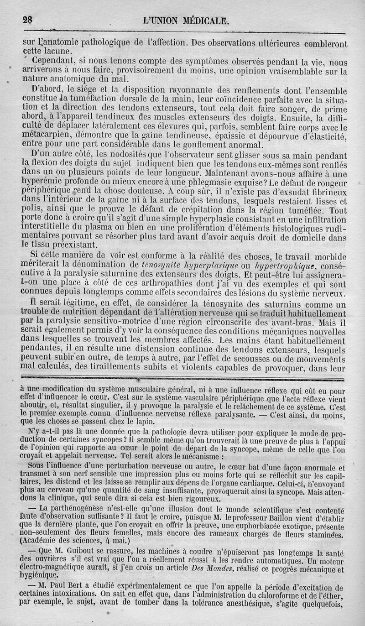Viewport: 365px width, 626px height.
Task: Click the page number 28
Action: [28, 20]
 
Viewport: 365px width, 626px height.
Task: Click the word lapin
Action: [136, 422]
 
